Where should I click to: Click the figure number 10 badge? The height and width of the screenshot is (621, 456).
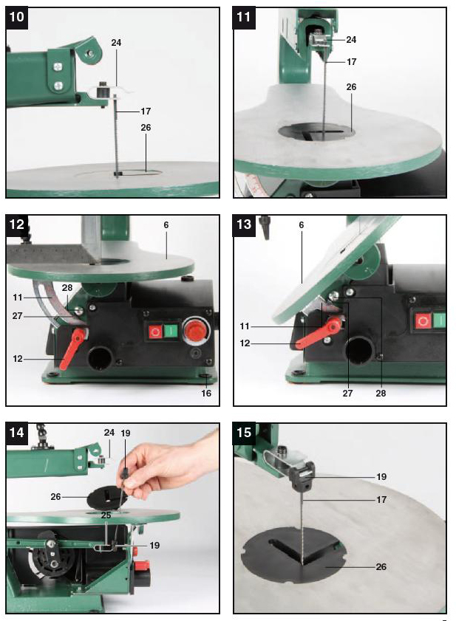[17, 18]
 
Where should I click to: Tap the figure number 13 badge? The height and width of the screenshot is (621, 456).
[244, 225]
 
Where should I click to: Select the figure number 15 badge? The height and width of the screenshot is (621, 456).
[244, 433]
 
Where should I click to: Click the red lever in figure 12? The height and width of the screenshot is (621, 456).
[72, 348]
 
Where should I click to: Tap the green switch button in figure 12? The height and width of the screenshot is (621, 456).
[170, 331]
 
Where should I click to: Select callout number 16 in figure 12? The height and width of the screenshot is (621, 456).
[206, 394]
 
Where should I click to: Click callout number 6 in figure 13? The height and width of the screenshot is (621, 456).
[302, 225]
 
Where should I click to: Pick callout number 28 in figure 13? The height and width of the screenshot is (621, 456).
[381, 394]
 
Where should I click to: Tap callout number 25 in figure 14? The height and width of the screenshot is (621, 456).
[106, 515]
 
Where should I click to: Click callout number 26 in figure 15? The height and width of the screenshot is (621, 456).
[381, 567]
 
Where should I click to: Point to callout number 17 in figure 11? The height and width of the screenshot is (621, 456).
[351, 62]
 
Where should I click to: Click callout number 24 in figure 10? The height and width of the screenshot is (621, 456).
[116, 42]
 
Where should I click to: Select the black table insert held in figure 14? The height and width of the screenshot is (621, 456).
[107, 498]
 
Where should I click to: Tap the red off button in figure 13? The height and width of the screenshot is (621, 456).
[423, 320]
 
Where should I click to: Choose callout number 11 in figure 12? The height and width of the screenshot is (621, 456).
[18, 297]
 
